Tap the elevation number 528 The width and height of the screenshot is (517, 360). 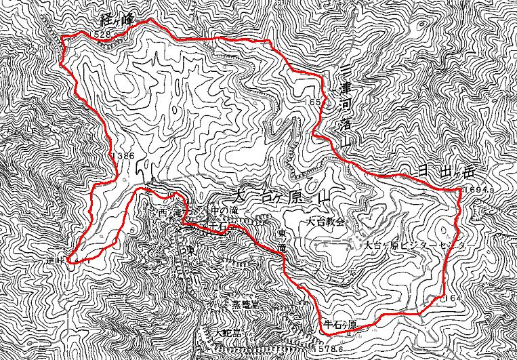pos(103,33)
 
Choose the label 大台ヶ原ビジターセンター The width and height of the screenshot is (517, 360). pos(412,245)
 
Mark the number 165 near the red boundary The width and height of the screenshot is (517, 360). pos(312,102)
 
